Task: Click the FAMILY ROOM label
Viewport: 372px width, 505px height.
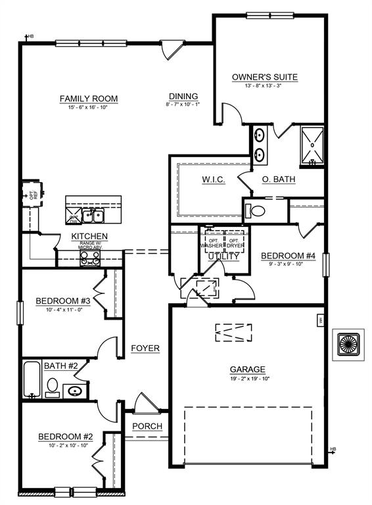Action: click(89, 99)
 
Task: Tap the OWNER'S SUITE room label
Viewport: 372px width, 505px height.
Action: click(265, 78)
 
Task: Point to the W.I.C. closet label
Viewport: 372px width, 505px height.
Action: click(213, 180)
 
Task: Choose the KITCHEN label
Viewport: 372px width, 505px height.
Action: click(89, 237)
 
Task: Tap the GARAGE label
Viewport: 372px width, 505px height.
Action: click(247, 370)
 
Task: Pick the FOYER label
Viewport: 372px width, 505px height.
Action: click(145, 348)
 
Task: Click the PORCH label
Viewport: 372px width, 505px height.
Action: click(147, 426)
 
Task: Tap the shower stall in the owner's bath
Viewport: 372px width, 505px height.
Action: click(310, 145)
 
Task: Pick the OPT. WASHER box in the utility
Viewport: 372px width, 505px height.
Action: click(212, 243)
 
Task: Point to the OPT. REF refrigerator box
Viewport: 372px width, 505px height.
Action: click(32, 195)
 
